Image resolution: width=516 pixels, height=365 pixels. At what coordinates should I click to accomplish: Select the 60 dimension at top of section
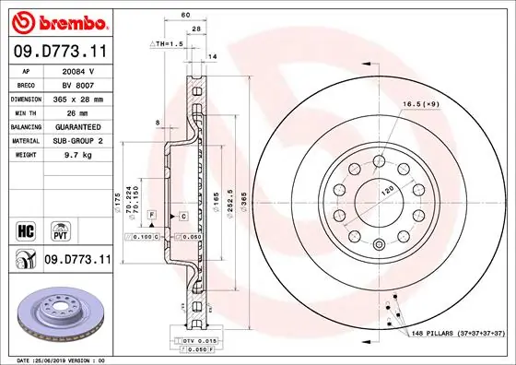(185, 15)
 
